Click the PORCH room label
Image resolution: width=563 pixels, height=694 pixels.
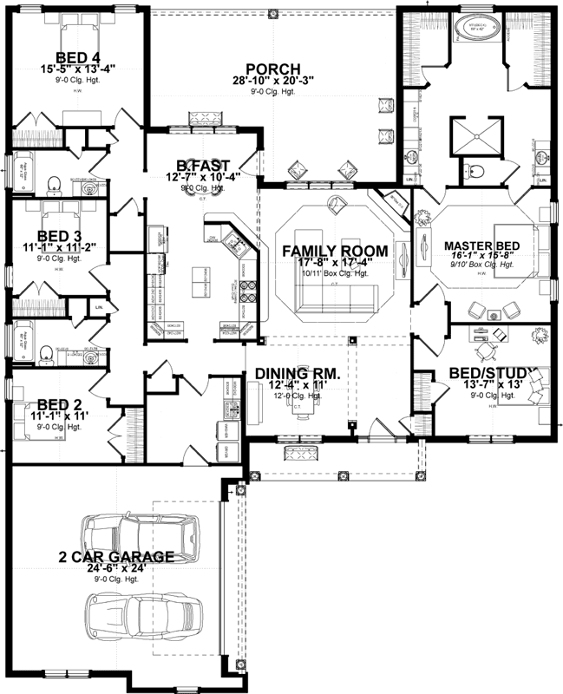[272, 69]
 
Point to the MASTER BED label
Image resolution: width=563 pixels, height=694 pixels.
[481, 246]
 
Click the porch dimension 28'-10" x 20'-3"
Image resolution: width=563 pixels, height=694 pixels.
[272, 82]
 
